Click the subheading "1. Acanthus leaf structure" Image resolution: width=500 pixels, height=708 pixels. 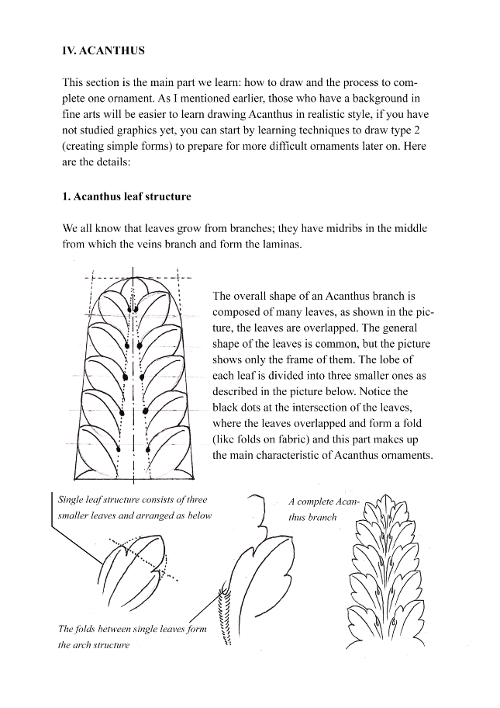coord(126,196)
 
